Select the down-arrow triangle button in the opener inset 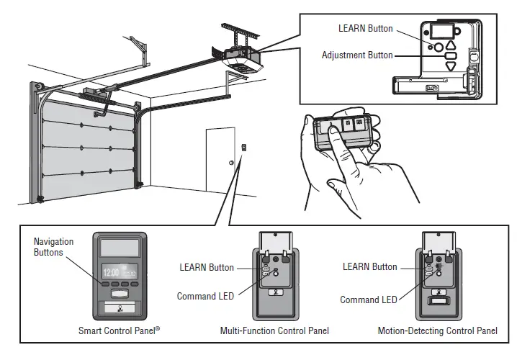451,65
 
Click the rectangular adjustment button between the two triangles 451,54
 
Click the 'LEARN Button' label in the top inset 366,29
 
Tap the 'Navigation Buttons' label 54,247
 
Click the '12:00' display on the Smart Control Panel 110,274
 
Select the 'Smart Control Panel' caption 120,331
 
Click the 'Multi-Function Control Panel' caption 274,331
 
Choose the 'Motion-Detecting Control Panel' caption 437,331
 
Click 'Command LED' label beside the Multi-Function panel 205,296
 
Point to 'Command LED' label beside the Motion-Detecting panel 369,300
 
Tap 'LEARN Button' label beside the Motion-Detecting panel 370,266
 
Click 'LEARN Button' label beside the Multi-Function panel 207,267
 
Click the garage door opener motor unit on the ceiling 243,58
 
